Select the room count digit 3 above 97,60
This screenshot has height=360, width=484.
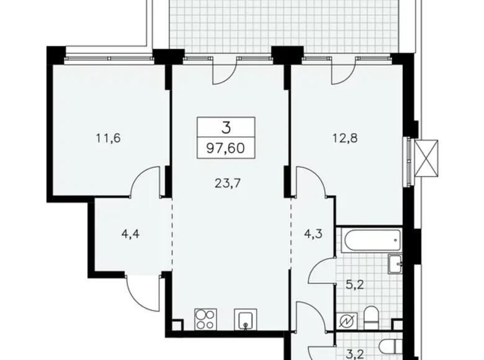coord(226,128)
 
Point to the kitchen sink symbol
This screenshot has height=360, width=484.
coord(245,319)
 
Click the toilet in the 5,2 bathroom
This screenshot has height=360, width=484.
coord(370,317)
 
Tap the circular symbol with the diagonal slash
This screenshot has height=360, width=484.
coord(346,320)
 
